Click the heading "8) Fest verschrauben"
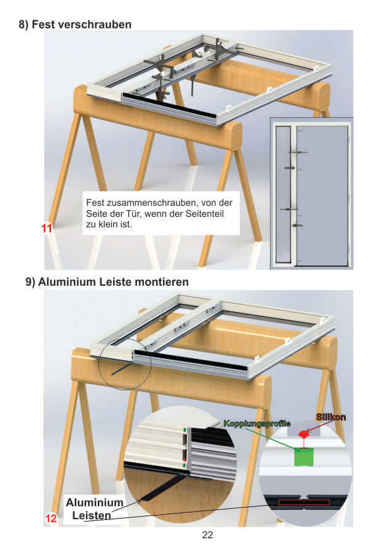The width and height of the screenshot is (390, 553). [75, 25]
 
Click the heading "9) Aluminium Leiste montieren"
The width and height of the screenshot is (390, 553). [106, 282]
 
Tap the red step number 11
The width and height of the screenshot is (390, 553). [47, 228]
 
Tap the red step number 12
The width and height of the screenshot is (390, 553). [51, 518]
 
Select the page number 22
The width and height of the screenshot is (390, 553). [207, 535]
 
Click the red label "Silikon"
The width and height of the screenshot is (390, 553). [331, 417]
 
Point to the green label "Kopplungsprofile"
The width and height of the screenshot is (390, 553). [257, 423]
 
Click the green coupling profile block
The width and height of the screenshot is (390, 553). [303, 457]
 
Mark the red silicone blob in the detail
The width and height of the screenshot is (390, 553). [303, 433]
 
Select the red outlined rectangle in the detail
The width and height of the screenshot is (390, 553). [304, 502]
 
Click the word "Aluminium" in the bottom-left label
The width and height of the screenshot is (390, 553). [95, 502]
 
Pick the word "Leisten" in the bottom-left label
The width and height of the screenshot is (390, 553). [92, 516]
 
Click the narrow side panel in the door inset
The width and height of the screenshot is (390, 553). [283, 194]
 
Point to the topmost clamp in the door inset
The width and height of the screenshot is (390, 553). [297, 152]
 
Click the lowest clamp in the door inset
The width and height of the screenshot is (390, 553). [297, 226]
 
